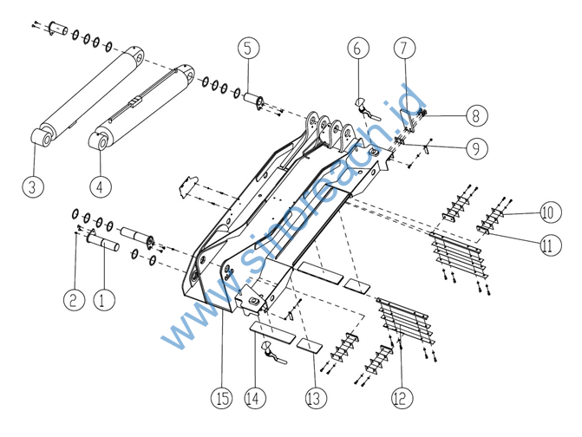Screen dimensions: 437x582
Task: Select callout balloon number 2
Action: point(73,300)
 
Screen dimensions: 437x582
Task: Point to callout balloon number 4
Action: point(101,186)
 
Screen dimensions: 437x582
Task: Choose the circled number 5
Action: point(247,47)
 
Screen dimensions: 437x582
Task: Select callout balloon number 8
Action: point(476,114)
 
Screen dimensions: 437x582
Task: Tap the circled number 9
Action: point(476,148)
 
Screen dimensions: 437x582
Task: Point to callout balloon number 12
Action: point(400,398)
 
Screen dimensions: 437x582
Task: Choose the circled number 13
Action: point(313,398)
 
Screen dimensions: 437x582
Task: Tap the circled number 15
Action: point(222,398)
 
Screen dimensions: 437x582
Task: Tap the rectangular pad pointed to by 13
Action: point(308,345)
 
